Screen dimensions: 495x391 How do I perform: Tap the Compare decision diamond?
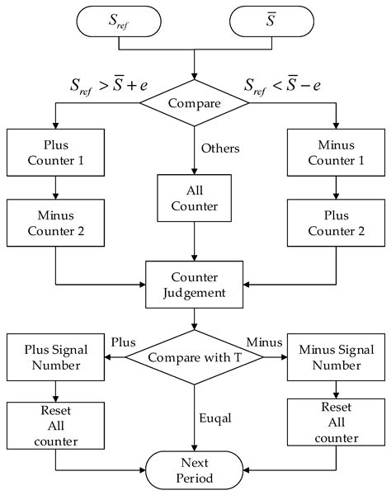pyautogui.click(x=194, y=105)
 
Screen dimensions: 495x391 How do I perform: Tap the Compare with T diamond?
pyautogui.click(x=194, y=357)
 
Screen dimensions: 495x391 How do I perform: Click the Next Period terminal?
pyautogui.click(x=194, y=471)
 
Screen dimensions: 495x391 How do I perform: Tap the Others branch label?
pyautogui.click(x=219, y=149)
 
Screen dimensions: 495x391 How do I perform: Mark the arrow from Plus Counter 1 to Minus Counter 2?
pyautogui.click(x=55, y=188)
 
